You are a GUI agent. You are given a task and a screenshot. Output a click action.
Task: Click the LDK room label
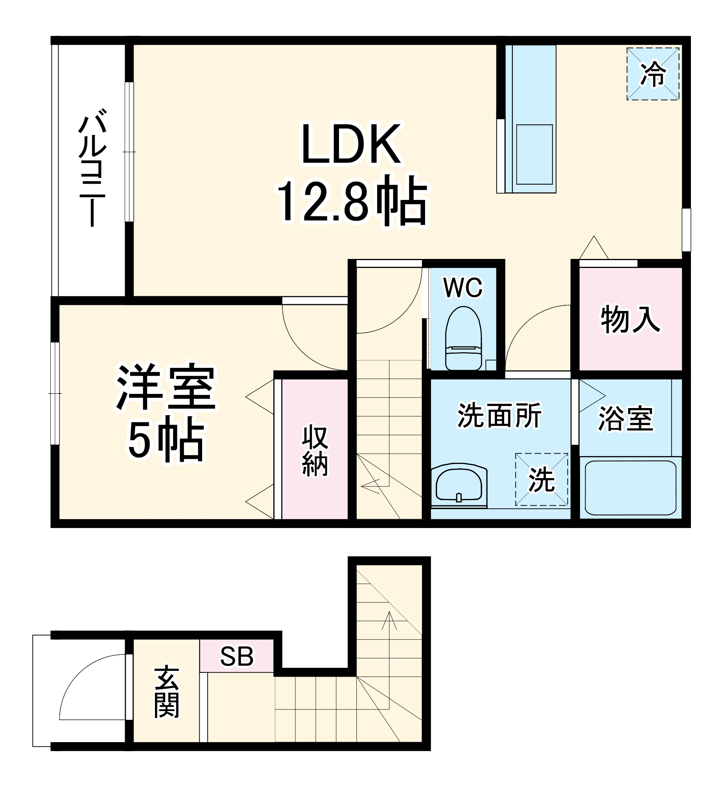tap(351, 144)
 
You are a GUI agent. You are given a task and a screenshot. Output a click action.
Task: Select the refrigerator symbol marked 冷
tap(652, 74)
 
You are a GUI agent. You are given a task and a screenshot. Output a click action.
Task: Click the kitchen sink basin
tap(534, 154)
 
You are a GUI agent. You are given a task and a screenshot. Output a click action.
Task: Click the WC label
tap(462, 288)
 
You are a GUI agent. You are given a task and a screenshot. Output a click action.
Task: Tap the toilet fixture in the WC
tap(463, 338)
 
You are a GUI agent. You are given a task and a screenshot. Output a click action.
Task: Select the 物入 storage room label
tap(630, 319)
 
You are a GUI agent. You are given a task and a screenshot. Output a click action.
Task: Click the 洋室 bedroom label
tap(166, 387)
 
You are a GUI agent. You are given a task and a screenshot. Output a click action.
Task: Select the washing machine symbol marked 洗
tap(542, 480)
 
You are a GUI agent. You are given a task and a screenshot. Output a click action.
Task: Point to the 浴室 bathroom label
tap(626, 419)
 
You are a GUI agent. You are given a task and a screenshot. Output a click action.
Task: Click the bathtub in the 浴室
tap(630, 488)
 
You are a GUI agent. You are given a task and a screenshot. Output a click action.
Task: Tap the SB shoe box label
tap(236, 656)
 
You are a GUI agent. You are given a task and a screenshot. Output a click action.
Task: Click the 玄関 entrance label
tap(167, 692)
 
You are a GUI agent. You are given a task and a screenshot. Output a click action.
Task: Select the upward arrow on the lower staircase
tap(389, 622)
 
